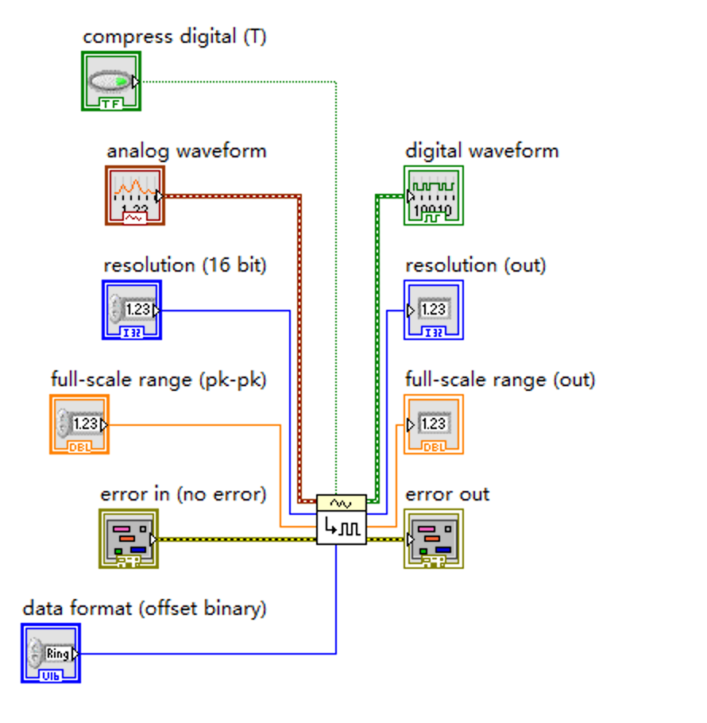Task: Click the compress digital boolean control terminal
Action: tap(111, 81)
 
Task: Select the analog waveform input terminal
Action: tap(135, 195)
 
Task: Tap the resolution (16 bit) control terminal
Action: tap(132, 310)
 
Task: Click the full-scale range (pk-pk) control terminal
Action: tap(79, 424)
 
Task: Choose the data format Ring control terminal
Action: tap(51, 653)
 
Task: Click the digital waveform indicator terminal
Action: tap(433, 195)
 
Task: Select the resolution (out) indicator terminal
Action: tap(433, 310)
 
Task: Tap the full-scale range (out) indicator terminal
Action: tap(433, 424)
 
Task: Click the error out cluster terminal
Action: tap(433, 539)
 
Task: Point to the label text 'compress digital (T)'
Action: tap(174, 37)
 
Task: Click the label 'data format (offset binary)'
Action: tap(145, 609)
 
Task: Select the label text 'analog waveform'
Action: tap(186, 151)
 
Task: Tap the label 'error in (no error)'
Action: tap(183, 494)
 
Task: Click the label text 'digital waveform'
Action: tap(481, 151)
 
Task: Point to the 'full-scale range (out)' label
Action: tap(500, 380)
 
